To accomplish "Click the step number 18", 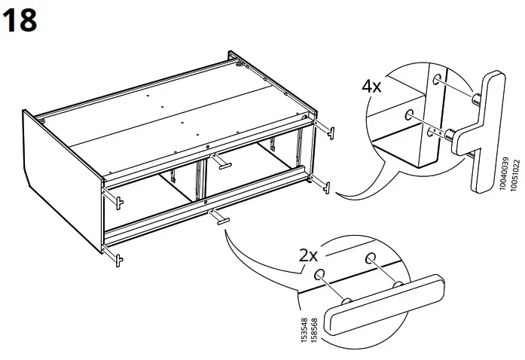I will point(20,20).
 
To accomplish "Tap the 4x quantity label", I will point(371,86).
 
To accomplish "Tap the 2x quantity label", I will point(308,255).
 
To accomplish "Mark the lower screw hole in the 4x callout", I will point(408,114).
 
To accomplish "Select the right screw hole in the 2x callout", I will point(371,259).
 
